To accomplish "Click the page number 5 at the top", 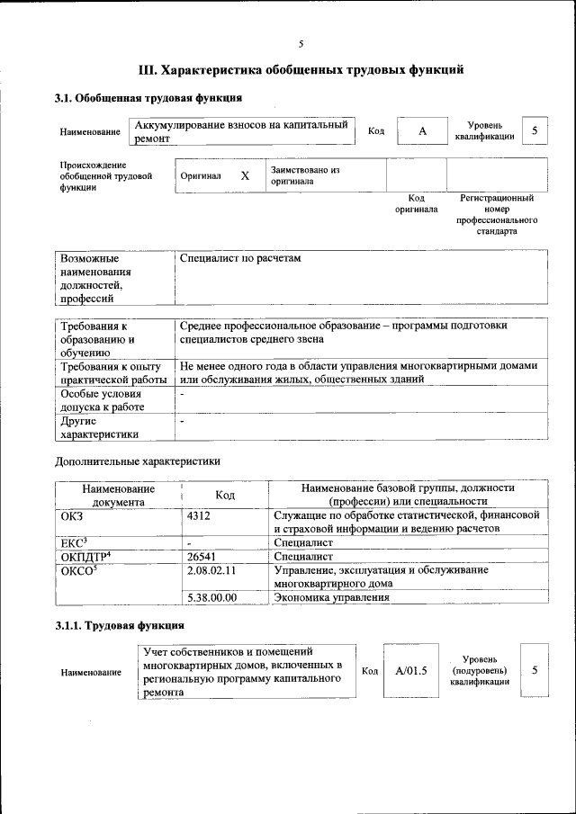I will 301,43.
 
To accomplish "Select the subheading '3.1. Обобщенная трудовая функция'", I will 148,97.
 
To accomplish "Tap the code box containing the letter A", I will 422,132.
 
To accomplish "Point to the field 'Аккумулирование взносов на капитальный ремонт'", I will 241,132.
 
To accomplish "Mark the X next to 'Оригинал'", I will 244,176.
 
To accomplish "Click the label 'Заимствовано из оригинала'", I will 304,174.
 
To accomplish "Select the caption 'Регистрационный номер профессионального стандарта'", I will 497,214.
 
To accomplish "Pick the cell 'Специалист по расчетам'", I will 240,259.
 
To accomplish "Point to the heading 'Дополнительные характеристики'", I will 138,461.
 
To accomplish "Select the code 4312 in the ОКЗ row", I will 199,515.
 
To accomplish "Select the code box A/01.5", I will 410,670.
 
